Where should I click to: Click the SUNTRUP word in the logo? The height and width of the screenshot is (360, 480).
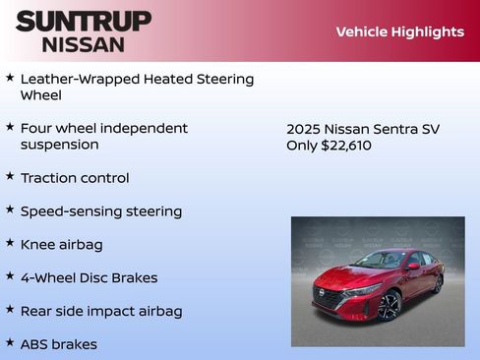tap(84, 21)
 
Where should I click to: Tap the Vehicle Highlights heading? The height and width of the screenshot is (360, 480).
tap(399, 31)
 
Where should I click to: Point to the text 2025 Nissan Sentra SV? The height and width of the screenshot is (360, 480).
tap(362, 129)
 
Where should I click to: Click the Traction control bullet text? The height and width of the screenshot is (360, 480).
tap(75, 178)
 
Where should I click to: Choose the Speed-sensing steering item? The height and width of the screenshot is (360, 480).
tap(101, 211)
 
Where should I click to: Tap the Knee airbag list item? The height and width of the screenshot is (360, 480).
tap(61, 244)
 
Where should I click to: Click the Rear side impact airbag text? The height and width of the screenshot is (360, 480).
tap(101, 311)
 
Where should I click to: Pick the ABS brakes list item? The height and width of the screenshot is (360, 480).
tap(59, 344)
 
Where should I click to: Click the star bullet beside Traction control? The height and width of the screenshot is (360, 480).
tap(10, 177)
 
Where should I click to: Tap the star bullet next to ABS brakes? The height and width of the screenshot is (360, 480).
tap(10, 343)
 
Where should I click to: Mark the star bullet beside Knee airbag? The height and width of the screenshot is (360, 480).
tap(10, 243)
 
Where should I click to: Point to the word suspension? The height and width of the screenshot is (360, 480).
tap(60, 145)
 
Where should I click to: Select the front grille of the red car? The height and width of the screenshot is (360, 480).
tap(331, 295)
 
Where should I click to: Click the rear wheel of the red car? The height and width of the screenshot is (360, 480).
tap(437, 283)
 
